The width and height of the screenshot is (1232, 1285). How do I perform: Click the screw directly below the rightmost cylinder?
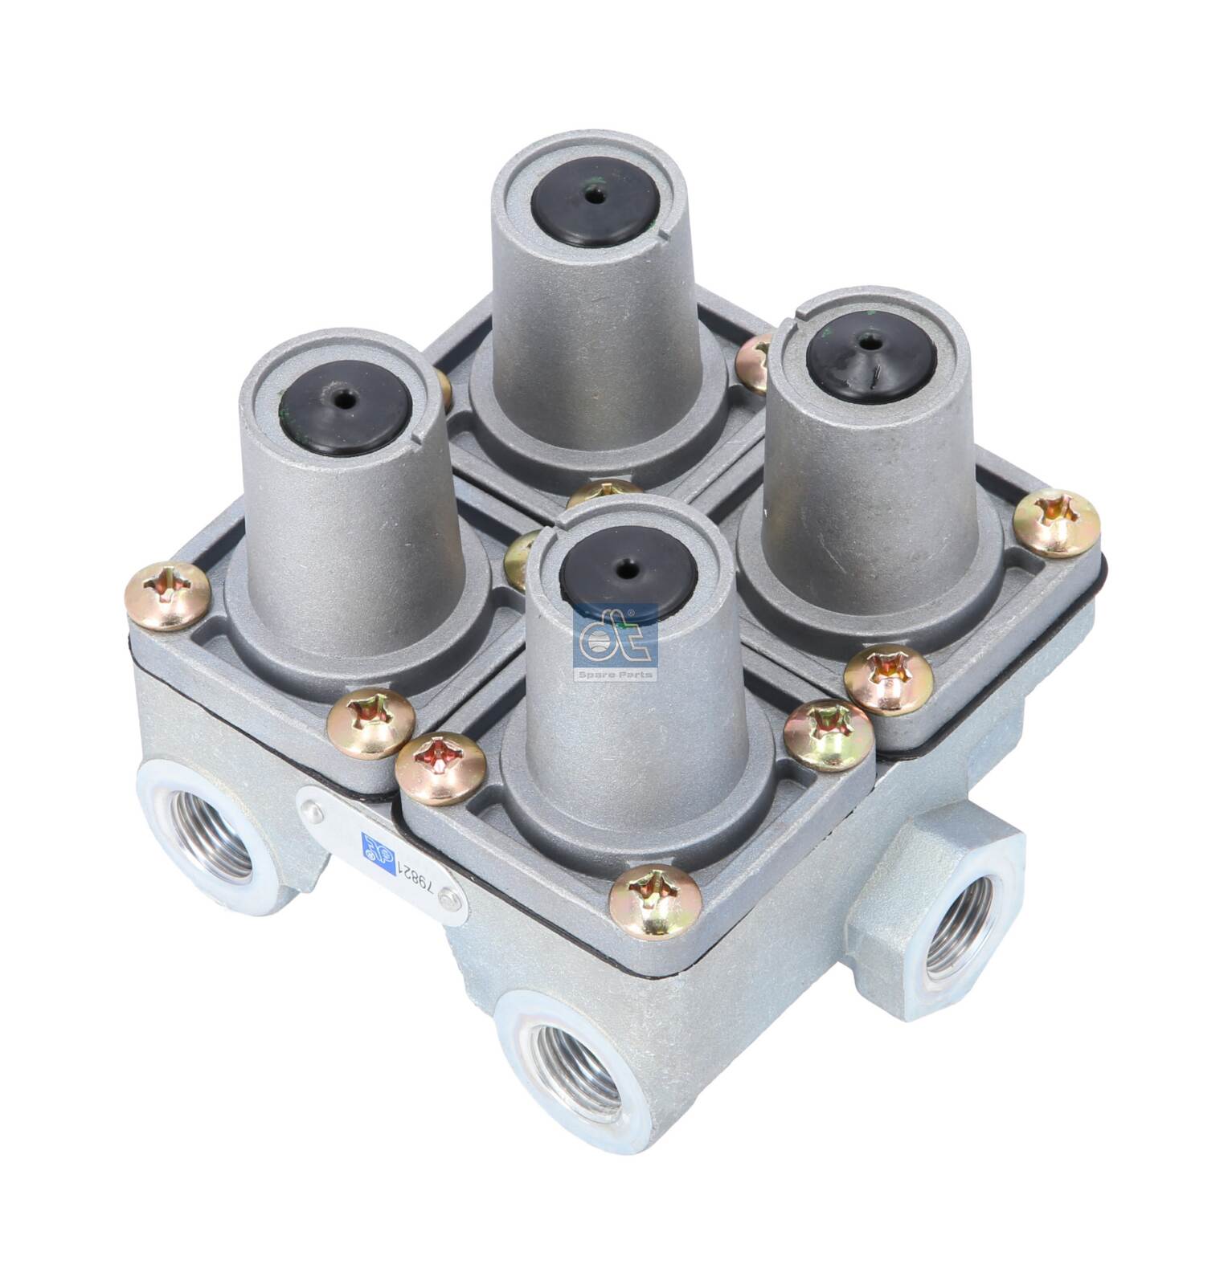[889, 679]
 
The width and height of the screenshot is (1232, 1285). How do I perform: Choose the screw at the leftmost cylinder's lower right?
[370, 722]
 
